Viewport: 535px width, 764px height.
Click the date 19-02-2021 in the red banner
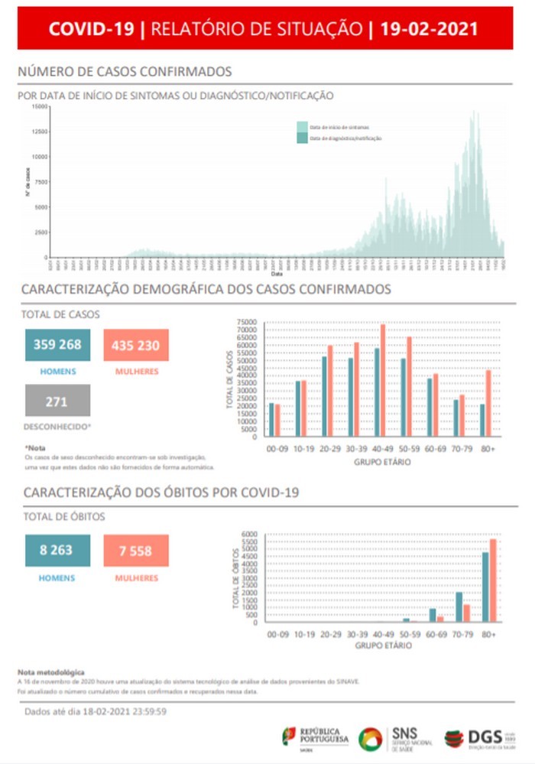[x=429, y=29]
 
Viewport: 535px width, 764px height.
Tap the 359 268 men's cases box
[x=57, y=345]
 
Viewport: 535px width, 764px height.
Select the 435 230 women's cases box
[x=135, y=345]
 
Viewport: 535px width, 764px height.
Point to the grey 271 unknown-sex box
[x=57, y=400]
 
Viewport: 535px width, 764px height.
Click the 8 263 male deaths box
[x=57, y=550]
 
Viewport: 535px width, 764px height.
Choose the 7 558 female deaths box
[x=135, y=550]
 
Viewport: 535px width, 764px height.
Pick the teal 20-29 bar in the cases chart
[x=324, y=396]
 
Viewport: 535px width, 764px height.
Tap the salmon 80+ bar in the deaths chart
[x=493, y=580]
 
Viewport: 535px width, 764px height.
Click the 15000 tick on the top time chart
[x=40, y=106]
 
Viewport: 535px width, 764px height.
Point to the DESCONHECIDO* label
[x=58, y=426]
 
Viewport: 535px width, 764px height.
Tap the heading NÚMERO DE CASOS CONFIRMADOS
[x=125, y=72]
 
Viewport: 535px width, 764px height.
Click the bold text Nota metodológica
[x=51, y=671]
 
